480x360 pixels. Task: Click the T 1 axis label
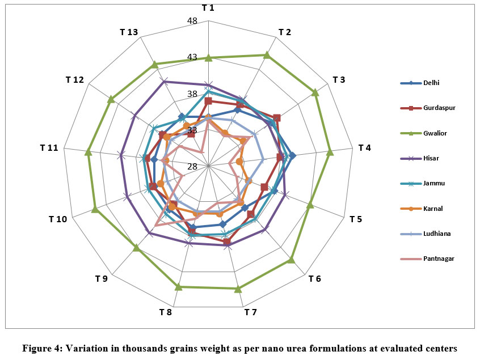click(208, 7)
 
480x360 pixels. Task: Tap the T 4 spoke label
click(365, 148)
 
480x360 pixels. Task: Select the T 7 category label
click(250, 312)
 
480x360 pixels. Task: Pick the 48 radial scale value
click(192, 22)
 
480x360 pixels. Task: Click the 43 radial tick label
click(192, 58)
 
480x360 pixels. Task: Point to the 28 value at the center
click(192, 167)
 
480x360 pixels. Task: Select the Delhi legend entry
click(431, 83)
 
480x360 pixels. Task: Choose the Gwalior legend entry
click(435, 133)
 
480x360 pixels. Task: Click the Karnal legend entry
click(432, 209)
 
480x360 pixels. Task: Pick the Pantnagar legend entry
click(438, 259)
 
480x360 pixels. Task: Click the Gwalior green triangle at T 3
click(315, 92)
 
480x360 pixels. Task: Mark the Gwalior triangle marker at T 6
click(291, 260)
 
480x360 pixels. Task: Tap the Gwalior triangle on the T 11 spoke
click(88, 152)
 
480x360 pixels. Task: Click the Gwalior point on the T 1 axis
click(208, 57)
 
